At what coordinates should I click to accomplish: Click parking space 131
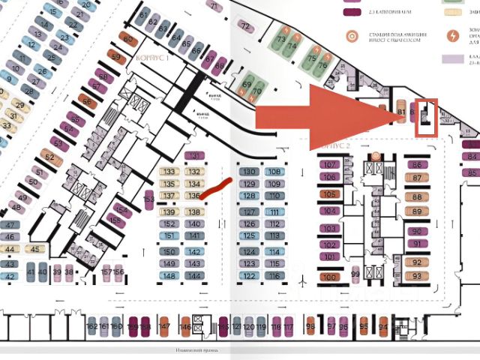point(194,156)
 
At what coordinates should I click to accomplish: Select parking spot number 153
point(149,199)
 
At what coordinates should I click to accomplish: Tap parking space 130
point(249,172)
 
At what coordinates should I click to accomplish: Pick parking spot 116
point(275,276)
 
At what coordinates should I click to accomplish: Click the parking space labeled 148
point(169,276)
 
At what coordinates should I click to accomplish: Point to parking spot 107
point(329,165)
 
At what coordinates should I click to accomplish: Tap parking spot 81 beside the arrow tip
point(401,113)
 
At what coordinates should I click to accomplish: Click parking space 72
point(245,27)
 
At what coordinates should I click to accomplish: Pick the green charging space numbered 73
point(282,39)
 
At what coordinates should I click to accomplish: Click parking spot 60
point(128,39)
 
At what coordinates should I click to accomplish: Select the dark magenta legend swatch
point(350,12)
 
